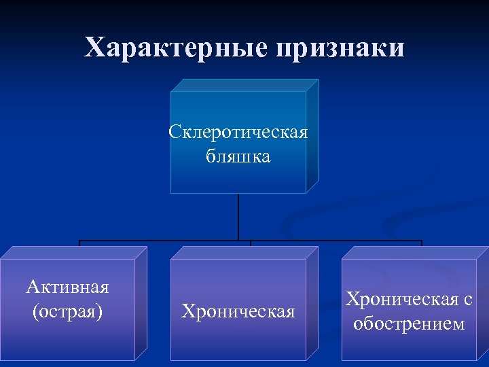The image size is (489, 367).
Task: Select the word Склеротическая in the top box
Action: click(238, 131)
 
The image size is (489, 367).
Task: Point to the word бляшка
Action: click(238, 156)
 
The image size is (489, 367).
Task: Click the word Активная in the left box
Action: click(67, 287)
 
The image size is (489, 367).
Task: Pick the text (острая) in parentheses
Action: click(67, 312)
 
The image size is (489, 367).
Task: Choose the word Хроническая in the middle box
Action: click(238, 312)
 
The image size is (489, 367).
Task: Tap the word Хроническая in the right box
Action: click(401, 300)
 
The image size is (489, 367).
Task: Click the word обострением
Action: click(409, 324)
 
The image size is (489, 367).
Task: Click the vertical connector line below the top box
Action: click(238, 217)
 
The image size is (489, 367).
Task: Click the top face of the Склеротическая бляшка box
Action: click(244, 85)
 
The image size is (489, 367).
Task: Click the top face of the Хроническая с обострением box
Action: click(414, 252)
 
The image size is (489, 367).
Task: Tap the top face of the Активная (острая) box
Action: click(73, 252)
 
